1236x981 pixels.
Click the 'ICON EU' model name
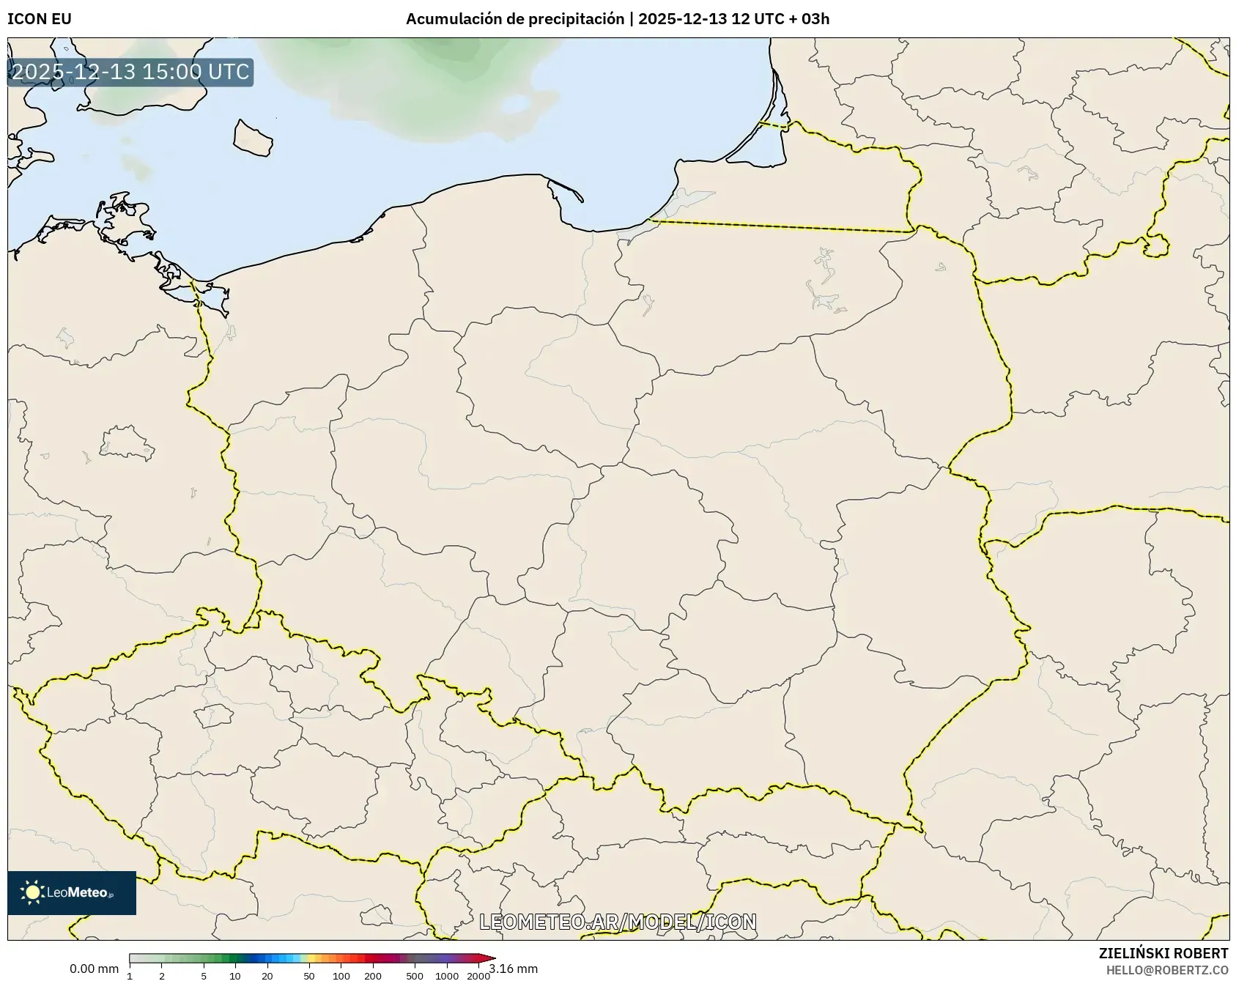pos(40,19)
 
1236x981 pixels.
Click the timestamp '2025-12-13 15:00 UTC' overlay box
pos(130,73)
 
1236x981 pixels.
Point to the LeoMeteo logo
pos(72,892)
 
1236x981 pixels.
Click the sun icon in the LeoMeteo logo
pos(32,892)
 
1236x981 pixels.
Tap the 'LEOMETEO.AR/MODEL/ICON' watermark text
pos(618,922)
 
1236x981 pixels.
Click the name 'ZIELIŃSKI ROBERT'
pos(1163,953)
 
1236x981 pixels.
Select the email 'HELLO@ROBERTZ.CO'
pos(1166,970)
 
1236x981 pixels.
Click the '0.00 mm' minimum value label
pos(94,969)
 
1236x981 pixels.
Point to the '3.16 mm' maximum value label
pos(514,969)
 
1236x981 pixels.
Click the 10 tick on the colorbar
pos(235,976)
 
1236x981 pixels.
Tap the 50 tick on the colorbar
pos(309,976)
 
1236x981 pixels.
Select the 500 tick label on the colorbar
pos(415,976)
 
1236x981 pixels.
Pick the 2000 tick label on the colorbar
pos(478,976)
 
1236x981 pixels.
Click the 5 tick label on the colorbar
pos(204,976)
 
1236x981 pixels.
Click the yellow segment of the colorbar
pos(311,958)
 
